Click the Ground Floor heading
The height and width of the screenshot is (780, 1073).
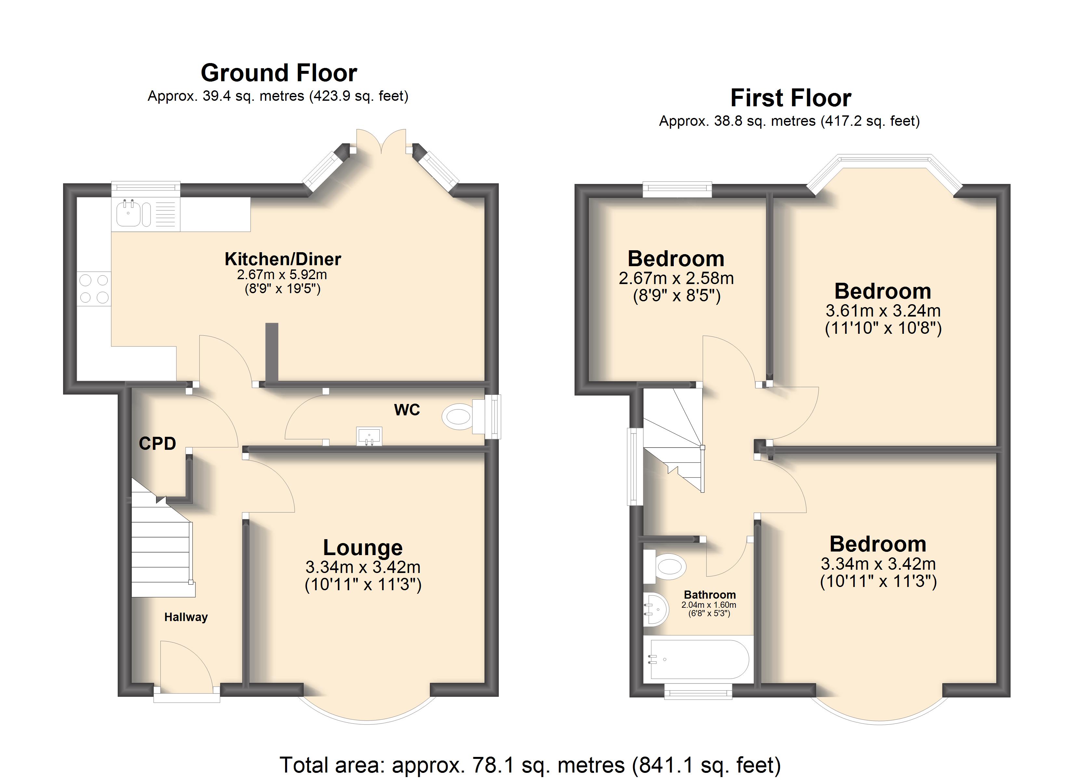click(279, 73)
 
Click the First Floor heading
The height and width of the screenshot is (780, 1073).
click(790, 98)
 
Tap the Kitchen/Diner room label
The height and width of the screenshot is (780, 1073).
click(283, 259)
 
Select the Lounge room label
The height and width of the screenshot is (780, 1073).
click(363, 548)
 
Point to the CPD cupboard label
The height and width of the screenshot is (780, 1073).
click(158, 443)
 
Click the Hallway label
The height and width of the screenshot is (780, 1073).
click(186, 617)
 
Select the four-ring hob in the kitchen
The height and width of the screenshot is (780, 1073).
click(94, 289)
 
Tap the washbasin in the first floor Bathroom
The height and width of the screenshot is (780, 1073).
click(656, 609)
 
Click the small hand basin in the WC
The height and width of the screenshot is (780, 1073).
click(369, 436)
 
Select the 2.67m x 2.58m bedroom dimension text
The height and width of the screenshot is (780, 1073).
click(676, 279)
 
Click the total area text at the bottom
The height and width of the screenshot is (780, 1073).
click(530, 765)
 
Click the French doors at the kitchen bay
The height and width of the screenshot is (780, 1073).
click(381, 141)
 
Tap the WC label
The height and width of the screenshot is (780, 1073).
click(407, 409)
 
